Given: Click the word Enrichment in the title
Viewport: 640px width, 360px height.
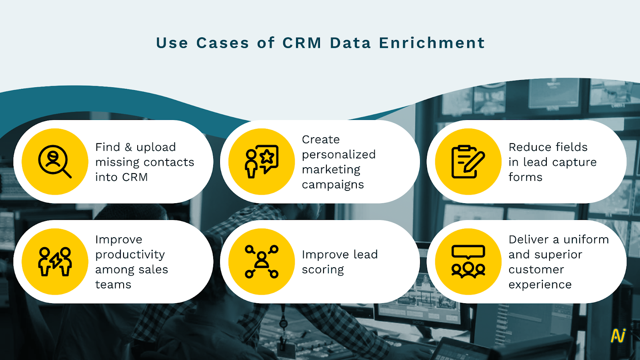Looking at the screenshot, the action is [x=432, y=43].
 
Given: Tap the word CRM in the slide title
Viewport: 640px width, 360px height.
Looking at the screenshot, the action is [x=302, y=43].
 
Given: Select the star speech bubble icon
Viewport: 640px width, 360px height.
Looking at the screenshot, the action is [x=262, y=162].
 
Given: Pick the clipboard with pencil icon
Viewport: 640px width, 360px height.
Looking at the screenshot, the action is [x=468, y=162].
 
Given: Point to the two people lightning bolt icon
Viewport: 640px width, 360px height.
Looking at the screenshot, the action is [x=54, y=262].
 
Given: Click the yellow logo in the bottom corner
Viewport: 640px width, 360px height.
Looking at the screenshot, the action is [x=618, y=336].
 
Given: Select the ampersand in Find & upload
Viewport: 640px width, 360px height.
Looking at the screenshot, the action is [x=128, y=147].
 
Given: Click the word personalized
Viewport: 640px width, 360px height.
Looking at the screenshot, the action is [x=338, y=155].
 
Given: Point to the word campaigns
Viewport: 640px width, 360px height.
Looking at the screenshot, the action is [x=333, y=185].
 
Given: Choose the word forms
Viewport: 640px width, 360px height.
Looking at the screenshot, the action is [x=526, y=177].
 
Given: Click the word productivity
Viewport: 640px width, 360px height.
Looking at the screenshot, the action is [x=130, y=254].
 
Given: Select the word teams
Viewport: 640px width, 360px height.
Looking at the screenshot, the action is [x=113, y=284].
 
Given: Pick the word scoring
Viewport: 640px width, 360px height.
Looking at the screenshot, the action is [x=323, y=270].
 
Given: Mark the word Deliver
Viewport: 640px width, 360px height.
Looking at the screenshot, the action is [x=529, y=240].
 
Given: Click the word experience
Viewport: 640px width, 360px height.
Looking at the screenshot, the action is [x=540, y=285].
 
